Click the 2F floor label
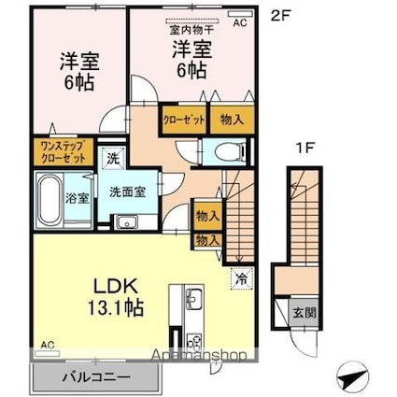point(278,15)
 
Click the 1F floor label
point(297,149)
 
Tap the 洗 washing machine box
point(112,159)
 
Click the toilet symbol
point(224,153)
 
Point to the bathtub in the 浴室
point(48,197)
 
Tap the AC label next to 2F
point(240,21)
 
